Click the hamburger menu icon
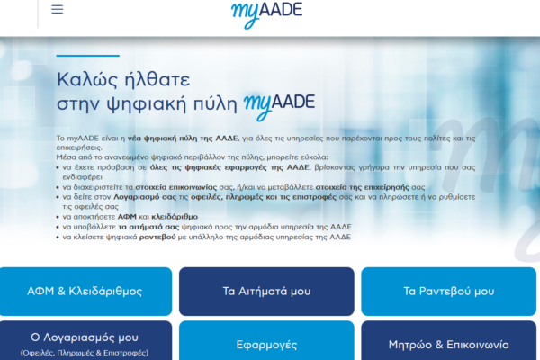pos(58,10)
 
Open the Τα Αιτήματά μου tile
pos(266,291)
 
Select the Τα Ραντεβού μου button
pos(448,291)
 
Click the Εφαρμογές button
pos(266,344)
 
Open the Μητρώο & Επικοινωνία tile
pos(448,344)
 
